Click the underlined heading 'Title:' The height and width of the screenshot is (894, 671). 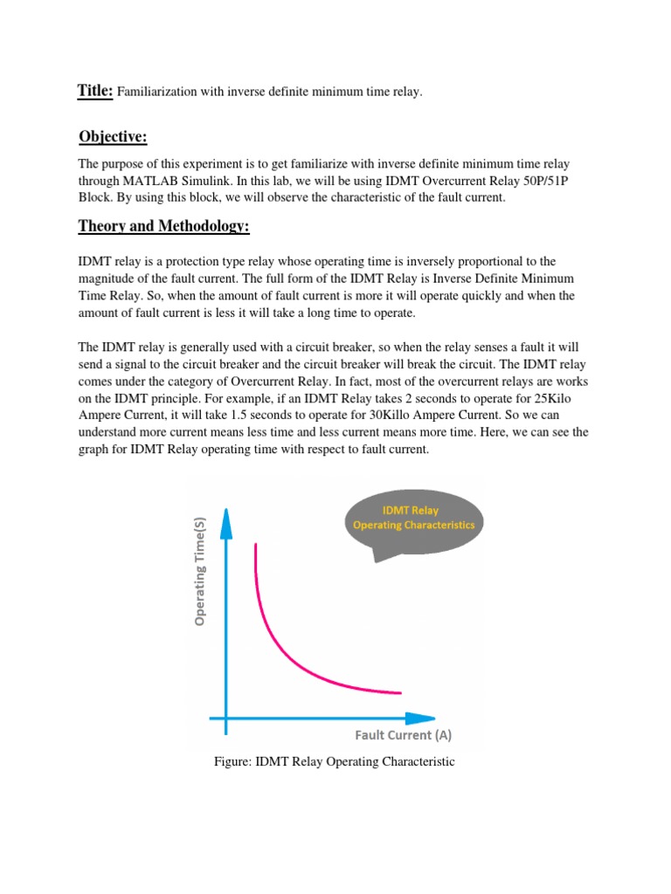click(x=95, y=91)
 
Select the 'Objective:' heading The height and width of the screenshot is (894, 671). click(x=113, y=136)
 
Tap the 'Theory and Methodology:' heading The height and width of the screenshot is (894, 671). click(x=163, y=226)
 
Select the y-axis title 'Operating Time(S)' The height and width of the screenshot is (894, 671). click(x=200, y=568)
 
